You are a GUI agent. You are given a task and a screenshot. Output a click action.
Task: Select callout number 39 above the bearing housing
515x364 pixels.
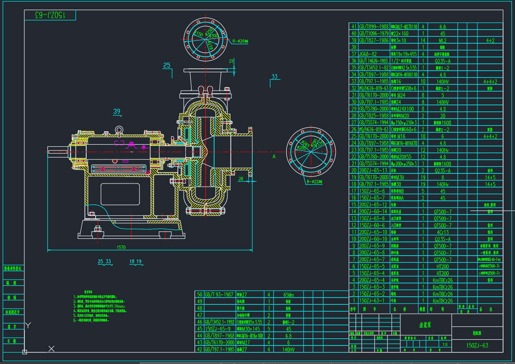(117, 111)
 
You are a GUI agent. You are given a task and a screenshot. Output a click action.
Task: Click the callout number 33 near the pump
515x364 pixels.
(275, 77)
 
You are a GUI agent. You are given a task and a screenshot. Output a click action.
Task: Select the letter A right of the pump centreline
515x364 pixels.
(274, 156)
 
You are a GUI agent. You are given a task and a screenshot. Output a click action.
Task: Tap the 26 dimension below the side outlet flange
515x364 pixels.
(241, 179)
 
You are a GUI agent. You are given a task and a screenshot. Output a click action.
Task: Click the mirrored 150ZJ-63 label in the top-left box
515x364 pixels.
(50, 15)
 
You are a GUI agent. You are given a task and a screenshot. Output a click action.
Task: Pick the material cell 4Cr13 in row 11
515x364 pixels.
(442, 232)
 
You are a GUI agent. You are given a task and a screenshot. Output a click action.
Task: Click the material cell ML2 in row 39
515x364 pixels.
(442, 40)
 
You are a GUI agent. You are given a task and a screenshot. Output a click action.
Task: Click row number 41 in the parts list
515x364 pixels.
(354, 27)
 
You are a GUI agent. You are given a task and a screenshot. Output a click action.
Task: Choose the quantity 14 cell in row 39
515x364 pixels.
(423, 40)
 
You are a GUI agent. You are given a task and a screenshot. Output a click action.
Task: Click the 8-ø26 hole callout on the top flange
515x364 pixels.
(241, 40)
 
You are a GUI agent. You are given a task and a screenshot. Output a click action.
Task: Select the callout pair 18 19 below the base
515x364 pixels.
(135, 261)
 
